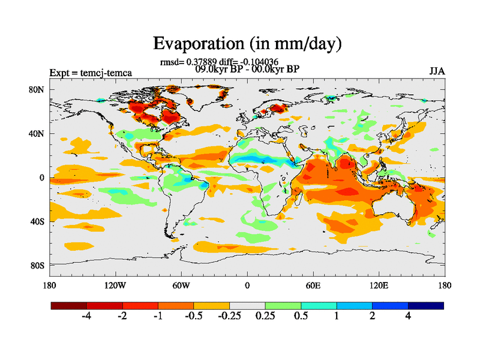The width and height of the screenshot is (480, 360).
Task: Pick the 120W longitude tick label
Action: point(115,286)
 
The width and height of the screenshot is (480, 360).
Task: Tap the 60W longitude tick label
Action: point(181,286)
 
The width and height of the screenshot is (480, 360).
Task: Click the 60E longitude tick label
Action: point(313,286)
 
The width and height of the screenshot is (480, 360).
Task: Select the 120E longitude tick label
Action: point(379,286)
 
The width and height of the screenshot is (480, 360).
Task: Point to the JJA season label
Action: point(437,71)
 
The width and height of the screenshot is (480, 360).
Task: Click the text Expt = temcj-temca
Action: point(91,73)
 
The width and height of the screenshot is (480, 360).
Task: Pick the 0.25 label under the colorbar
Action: point(265,316)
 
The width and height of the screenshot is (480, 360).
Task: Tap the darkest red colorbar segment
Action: point(69,305)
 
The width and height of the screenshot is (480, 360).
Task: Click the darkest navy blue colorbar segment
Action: point(426,305)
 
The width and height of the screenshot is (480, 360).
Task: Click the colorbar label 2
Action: point(372,316)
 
